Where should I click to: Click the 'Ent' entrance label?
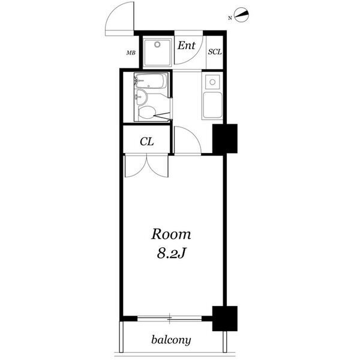point(187,45)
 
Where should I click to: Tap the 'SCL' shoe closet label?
point(215,52)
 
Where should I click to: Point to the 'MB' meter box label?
point(131,53)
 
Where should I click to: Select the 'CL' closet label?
point(147,142)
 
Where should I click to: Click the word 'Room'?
point(171,235)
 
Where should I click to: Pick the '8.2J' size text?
point(171,253)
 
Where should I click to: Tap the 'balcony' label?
point(171,340)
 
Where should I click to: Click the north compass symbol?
point(242,15)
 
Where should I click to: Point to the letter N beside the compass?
point(230,18)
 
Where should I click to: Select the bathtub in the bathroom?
point(151,80)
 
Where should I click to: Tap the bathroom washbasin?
point(141,97)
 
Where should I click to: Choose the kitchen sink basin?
point(212,105)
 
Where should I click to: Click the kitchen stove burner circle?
point(212,82)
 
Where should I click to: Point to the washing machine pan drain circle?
point(157,44)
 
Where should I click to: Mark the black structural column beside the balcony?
point(225,319)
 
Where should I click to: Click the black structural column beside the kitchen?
point(225,139)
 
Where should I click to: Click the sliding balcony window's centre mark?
point(169,319)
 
